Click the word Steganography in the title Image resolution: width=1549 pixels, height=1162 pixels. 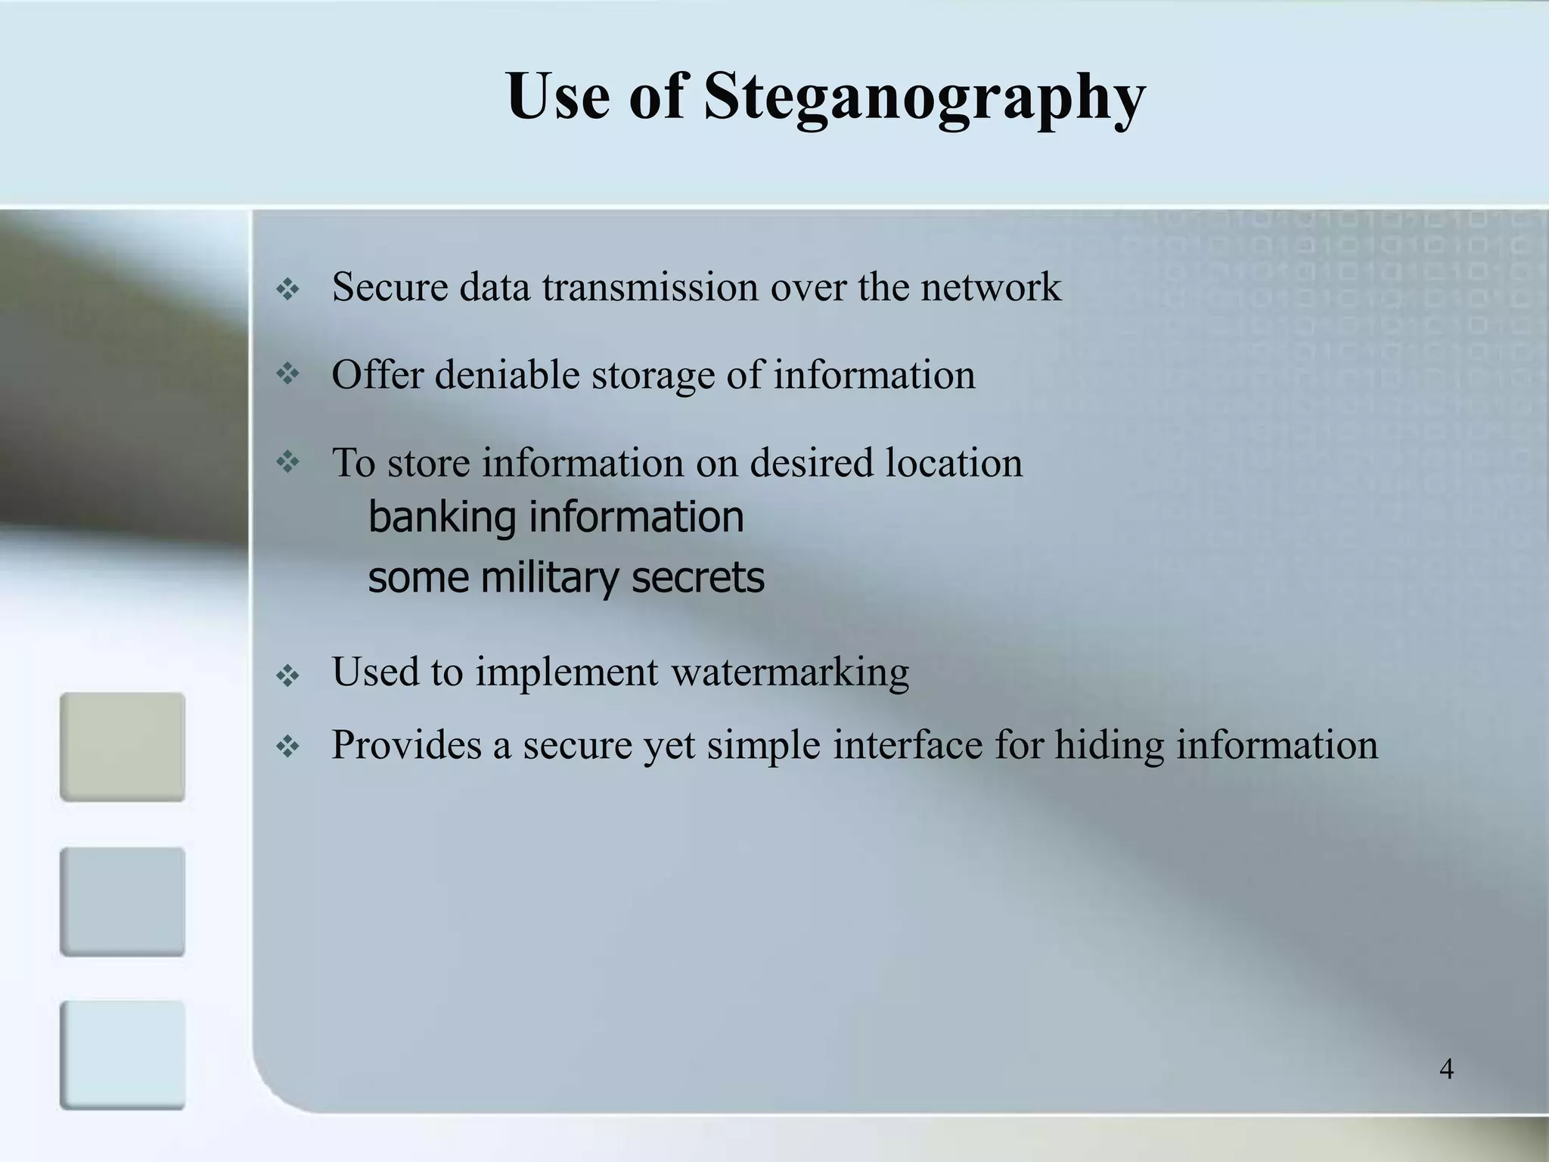coord(924,98)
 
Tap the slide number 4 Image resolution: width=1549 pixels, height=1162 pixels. coord(1446,1070)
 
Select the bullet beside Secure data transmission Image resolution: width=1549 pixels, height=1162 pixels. coord(288,289)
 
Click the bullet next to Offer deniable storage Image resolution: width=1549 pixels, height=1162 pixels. coord(288,373)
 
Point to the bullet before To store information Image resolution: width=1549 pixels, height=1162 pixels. coord(288,461)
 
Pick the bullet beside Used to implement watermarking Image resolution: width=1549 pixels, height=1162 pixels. coord(288,676)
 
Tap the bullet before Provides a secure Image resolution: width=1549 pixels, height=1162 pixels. coord(288,748)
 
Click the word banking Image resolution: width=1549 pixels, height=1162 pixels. coord(442,517)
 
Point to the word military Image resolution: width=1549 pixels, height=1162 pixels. coord(550,578)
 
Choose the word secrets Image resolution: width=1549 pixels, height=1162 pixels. coord(697,578)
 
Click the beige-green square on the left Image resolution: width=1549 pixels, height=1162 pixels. coord(123,747)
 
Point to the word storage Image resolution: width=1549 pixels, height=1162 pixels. coord(653,375)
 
